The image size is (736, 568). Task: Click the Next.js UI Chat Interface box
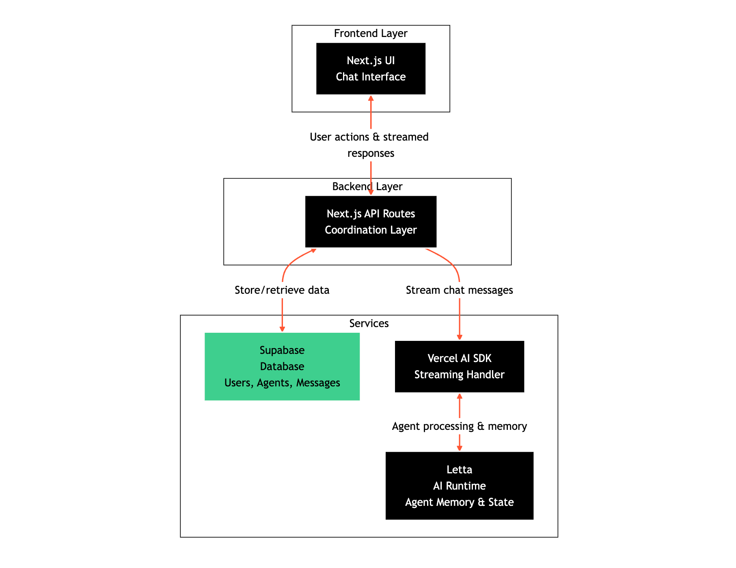[371, 69]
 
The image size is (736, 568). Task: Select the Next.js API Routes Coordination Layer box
[371, 221]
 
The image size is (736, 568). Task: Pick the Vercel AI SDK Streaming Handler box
[459, 366]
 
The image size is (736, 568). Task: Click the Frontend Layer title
[371, 33]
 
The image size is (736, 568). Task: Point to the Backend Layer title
[367, 186]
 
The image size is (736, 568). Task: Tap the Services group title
[369, 323]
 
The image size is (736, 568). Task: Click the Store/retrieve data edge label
[282, 290]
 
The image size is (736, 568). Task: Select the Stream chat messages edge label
[459, 290]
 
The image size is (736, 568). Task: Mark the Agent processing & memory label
[459, 426]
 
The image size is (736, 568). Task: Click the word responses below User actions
[371, 153]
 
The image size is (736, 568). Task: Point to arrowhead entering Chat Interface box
[371, 98]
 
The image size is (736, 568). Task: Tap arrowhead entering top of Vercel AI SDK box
[459, 337]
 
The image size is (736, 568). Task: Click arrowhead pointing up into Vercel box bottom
[459, 396]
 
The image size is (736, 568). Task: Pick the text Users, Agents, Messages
[282, 383]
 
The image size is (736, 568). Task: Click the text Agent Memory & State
[459, 502]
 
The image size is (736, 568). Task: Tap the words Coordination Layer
[371, 230]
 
